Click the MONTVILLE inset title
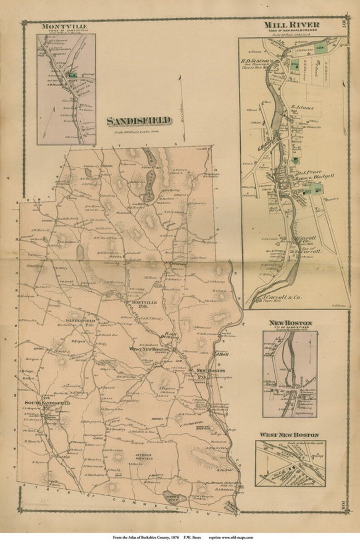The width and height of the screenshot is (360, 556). click(x=66, y=26)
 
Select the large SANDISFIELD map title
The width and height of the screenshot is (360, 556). click(x=139, y=121)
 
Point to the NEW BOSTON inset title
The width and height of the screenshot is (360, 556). click(x=290, y=322)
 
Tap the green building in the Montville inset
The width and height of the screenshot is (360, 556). click(x=71, y=74)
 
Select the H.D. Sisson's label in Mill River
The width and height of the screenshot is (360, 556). click(x=258, y=60)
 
